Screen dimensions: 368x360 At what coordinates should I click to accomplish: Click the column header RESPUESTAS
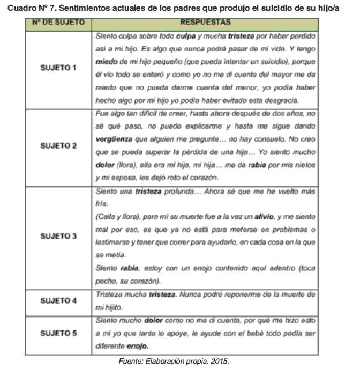pyautogui.click(x=205, y=23)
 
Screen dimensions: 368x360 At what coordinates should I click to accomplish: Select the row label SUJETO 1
pyautogui.click(x=59, y=68)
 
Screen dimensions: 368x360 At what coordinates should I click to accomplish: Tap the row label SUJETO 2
pyautogui.click(x=59, y=145)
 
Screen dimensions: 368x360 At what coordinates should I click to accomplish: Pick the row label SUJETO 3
pyautogui.click(x=59, y=236)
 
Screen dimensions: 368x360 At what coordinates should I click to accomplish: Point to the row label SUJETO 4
pyautogui.click(x=59, y=301)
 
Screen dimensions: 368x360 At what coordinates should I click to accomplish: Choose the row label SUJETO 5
pyautogui.click(x=59, y=333)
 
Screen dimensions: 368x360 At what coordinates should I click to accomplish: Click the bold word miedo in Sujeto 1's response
pyautogui.click(x=106, y=62)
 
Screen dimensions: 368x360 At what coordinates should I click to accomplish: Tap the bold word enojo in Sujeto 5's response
pyautogui.click(x=137, y=346)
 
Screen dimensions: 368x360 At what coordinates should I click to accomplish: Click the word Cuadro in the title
pyautogui.click(x=21, y=7)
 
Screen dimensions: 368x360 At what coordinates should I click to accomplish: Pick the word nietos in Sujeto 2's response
pyautogui.click(x=303, y=165)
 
